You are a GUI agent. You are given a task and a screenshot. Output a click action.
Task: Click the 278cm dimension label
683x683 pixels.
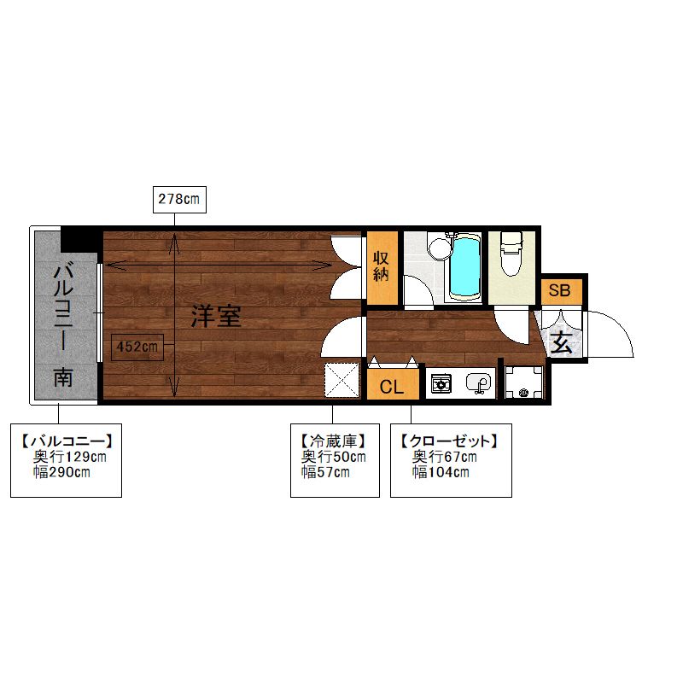point(178,200)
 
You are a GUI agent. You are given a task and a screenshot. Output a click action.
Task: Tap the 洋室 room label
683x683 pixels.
point(215,317)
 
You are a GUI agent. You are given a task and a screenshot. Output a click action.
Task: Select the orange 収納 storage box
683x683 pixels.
point(382,266)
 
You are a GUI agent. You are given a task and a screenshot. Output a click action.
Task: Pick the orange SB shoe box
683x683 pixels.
point(559,290)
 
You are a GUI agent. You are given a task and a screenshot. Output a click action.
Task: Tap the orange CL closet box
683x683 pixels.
point(392,386)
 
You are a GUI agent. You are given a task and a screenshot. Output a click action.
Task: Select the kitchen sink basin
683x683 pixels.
point(478,384)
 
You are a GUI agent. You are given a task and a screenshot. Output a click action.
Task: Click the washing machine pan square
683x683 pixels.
point(523,382)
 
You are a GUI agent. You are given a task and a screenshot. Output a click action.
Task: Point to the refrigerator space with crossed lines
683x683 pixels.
point(343,380)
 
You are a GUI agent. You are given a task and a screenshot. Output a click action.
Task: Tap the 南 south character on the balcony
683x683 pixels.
point(63,377)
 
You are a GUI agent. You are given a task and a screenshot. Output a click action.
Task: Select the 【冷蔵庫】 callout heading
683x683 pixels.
point(333,441)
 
